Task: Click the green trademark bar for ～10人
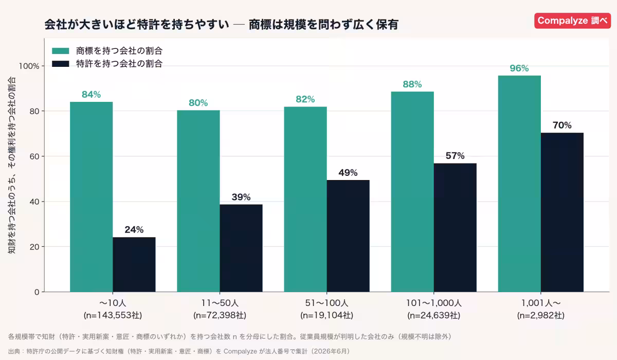tap(91, 196)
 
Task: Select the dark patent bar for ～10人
tap(134, 264)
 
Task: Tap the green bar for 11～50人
tap(198, 201)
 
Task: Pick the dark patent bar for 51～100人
tap(348, 236)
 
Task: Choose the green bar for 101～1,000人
tap(412, 191)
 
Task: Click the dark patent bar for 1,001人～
tap(562, 212)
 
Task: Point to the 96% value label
tap(519, 68)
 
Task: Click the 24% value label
tap(134, 229)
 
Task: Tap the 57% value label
tap(455, 156)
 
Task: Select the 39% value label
tap(241, 197)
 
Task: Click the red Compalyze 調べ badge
tap(572, 21)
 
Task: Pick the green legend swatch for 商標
tap(60, 51)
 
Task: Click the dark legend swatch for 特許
tap(60, 64)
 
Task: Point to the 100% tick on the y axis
tap(29, 66)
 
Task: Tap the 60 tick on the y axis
tap(34, 156)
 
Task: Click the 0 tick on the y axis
tap(37, 292)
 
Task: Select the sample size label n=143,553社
tap(113, 315)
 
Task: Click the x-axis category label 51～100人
tap(326, 303)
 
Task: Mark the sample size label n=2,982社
tap(541, 315)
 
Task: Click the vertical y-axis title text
tap(11, 165)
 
